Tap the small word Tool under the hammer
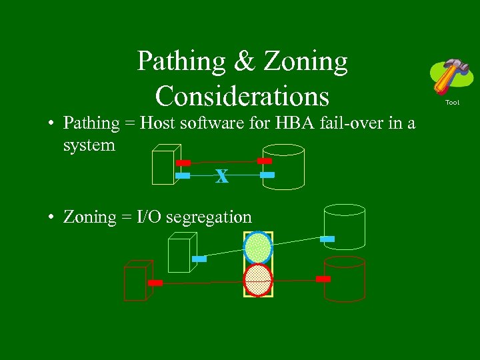point(452,102)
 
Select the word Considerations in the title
point(243,96)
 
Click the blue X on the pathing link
point(222,177)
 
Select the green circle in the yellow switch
point(258,247)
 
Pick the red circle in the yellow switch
point(258,280)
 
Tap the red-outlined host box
point(137,281)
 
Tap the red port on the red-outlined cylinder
point(323,279)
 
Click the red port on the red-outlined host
point(155,283)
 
